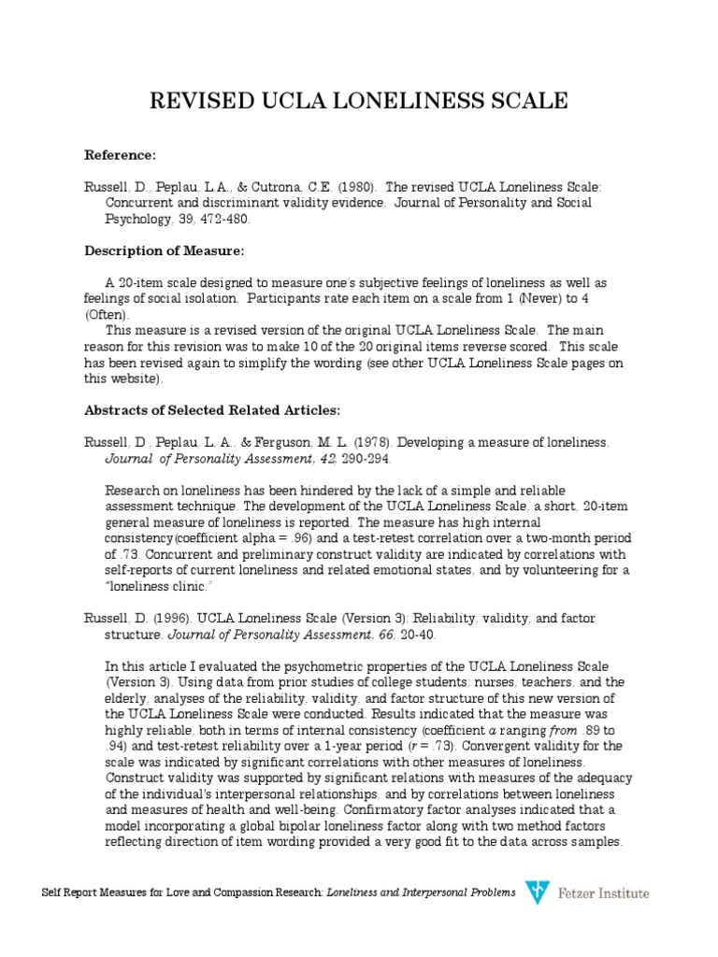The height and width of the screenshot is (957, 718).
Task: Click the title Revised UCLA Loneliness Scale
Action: tap(358, 101)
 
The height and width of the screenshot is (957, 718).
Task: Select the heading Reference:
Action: tap(121, 153)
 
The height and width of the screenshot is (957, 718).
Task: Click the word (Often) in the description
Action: tap(108, 314)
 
